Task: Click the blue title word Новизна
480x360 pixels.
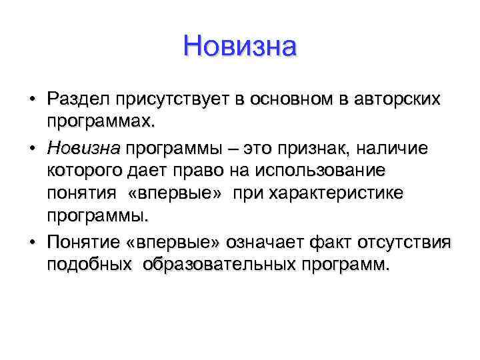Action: point(239,47)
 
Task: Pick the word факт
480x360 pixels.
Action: point(339,241)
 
